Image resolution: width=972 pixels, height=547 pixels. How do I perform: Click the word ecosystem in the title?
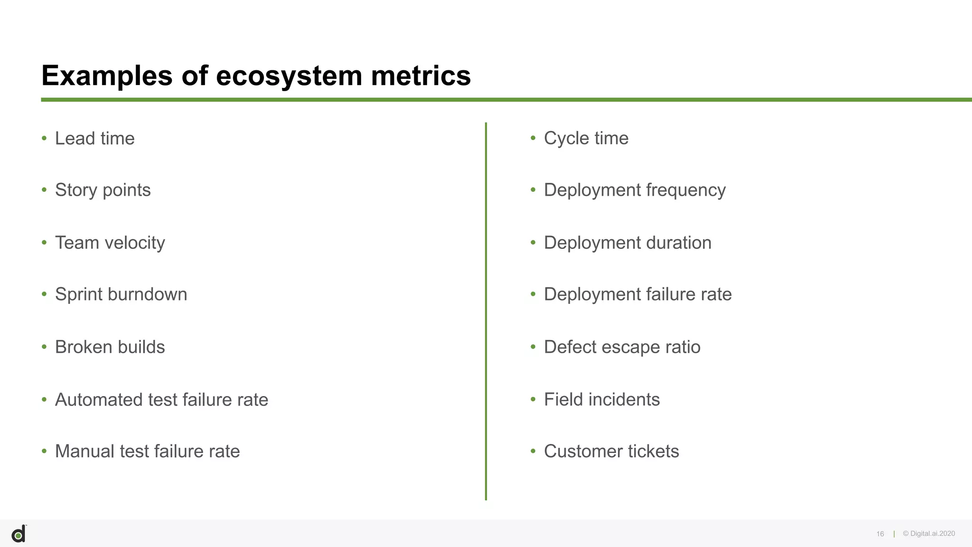(289, 76)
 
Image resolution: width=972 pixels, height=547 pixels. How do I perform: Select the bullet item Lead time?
(94, 139)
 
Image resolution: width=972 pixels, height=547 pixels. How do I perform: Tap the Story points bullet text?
(103, 190)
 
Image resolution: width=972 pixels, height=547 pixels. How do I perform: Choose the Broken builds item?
(110, 347)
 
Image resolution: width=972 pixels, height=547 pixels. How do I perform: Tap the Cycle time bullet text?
(586, 139)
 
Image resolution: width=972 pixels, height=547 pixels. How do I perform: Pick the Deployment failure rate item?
(637, 294)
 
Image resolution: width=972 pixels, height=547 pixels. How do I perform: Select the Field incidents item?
(601, 400)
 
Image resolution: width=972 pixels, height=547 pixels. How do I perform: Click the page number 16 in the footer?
(880, 534)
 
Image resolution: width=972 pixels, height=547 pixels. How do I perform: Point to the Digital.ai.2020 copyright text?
(929, 534)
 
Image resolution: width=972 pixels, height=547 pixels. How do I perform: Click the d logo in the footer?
(19, 535)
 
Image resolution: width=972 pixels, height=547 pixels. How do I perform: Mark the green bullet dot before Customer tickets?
(533, 451)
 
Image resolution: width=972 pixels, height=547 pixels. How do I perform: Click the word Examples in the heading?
(106, 76)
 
